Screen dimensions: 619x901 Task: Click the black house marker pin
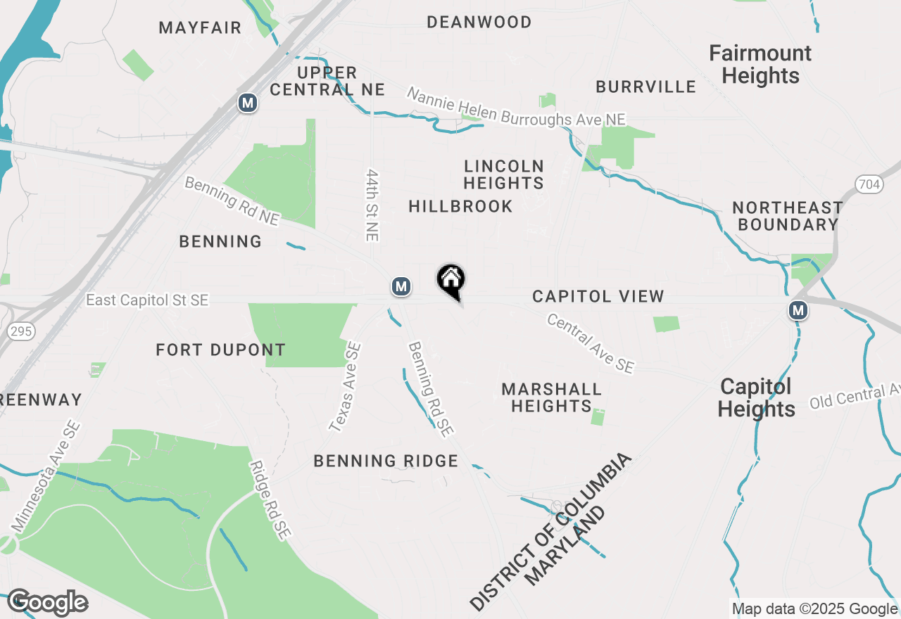(451, 281)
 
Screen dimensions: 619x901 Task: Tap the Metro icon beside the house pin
(401, 286)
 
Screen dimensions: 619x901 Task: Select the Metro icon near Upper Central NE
(247, 103)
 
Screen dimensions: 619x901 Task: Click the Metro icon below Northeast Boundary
(798, 310)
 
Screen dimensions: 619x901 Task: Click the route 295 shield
(22, 331)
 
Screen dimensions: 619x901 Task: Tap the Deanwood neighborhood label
(479, 23)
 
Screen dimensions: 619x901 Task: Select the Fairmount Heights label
(760, 64)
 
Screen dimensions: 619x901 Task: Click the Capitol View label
(598, 296)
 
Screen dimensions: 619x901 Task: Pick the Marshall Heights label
(551, 397)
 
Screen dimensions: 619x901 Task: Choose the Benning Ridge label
(386, 461)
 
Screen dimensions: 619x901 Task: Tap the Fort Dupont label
(220, 350)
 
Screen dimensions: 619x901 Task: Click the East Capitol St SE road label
(147, 300)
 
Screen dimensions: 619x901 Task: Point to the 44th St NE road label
(372, 205)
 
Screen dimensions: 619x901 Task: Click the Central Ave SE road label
(591, 344)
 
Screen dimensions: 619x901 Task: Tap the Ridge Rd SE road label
(271, 500)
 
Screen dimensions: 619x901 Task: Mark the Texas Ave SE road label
(346, 386)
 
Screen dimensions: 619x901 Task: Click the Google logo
(47, 603)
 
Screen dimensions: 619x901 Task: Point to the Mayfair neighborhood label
(200, 28)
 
